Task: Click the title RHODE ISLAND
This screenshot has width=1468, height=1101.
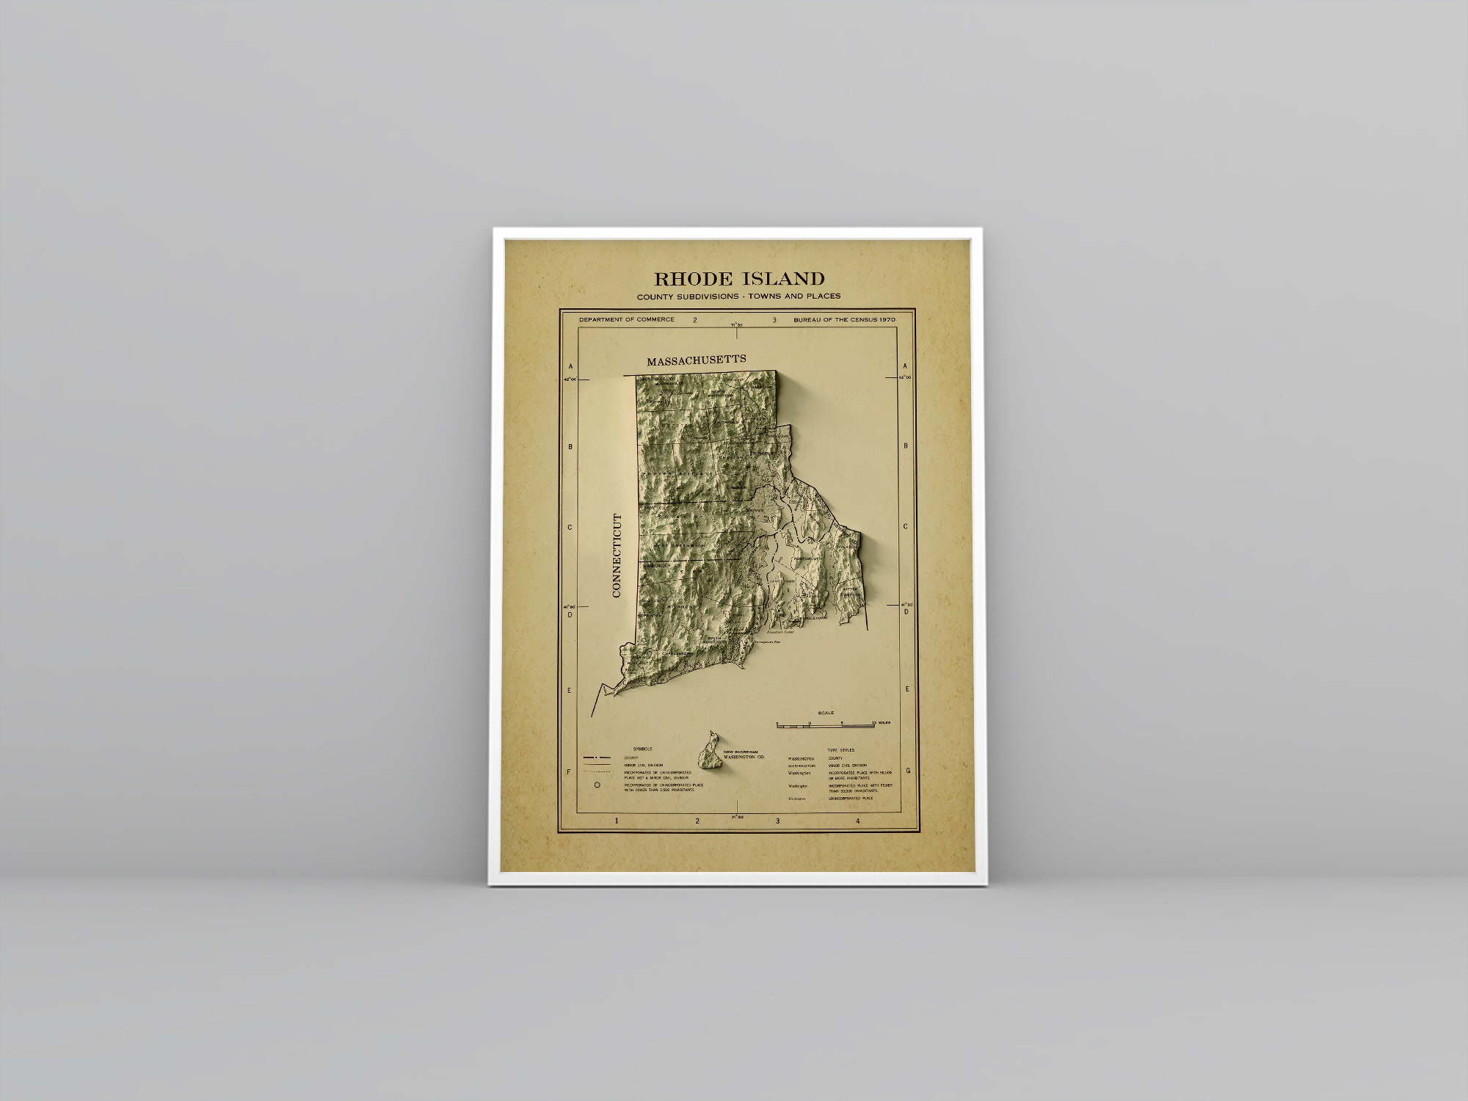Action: pyautogui.click(x=739, y=279)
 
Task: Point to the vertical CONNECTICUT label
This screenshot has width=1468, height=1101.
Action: pyautogui.click(x=617, y=556)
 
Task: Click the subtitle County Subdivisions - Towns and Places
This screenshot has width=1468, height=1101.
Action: pyautogui.click(x=738, y=297)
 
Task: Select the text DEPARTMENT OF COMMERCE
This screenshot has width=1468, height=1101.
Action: pyautogui.click(x=626, y=320)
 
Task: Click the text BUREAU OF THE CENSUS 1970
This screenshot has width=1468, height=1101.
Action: pyautogui.click(x=843, y=320)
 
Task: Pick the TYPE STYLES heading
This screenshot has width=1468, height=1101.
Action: pyautogui.click(x=840, y=749)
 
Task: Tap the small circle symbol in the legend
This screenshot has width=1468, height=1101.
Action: pyautogui.click(x=597, y=785)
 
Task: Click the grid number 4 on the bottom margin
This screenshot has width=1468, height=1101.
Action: pyautogui.click(x=857, y=821)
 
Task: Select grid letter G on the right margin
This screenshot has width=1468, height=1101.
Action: pyautogui.click(x=908, y=771)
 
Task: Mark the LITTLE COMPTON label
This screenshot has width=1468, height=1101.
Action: pyautogui.click(x=850, y=592)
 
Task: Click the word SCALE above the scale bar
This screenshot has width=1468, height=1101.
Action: pyautogui.click(x=825, y=712)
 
